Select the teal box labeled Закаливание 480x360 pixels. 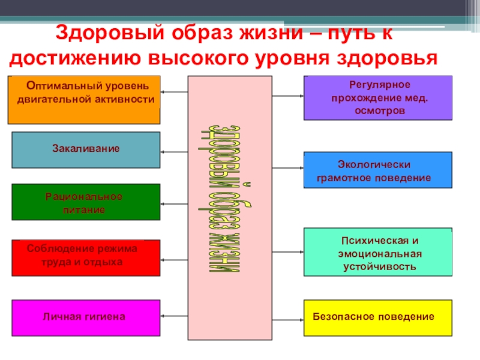86,149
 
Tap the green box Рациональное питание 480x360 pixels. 86,202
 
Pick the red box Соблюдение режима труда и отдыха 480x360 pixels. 86,257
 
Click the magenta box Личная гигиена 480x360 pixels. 86,316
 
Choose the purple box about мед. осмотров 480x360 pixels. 377,98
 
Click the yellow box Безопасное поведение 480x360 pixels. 377,317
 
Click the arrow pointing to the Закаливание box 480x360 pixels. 174,151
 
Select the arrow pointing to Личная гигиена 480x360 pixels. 174,316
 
